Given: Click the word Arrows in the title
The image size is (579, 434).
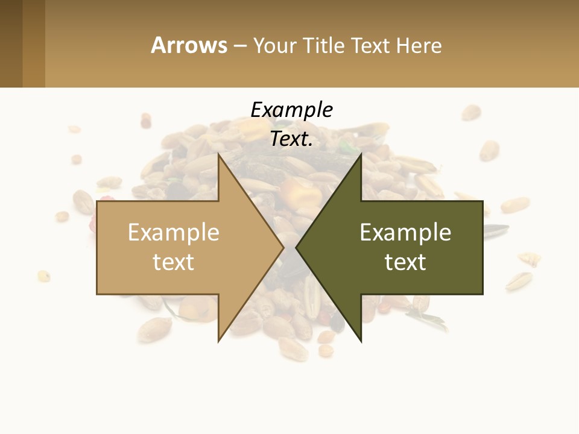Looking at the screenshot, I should [x=189, y=45].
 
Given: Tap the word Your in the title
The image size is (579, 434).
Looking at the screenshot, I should [x=273, y=45].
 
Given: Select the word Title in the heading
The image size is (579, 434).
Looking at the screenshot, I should [x=323, y=45].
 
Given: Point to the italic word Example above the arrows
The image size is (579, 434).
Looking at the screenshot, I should [x=291, y=110].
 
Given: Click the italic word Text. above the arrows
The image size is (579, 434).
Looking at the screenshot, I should [x=291, y=139].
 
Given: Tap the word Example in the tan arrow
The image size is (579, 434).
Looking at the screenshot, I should [x=173, y=233].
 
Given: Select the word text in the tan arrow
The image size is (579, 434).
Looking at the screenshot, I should [x=173, y=262].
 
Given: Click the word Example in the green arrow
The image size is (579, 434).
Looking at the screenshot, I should [x=405, y=233].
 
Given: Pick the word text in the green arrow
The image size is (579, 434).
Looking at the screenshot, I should [x=405, y=262].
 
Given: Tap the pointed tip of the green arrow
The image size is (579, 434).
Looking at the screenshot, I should [x=298, y=247].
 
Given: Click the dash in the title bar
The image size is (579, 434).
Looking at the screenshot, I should [x=239, y=45].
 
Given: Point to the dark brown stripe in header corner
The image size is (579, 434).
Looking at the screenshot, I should [x=11, y=43].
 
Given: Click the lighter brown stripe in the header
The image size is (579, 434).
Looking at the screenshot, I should [x=34, y=43].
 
